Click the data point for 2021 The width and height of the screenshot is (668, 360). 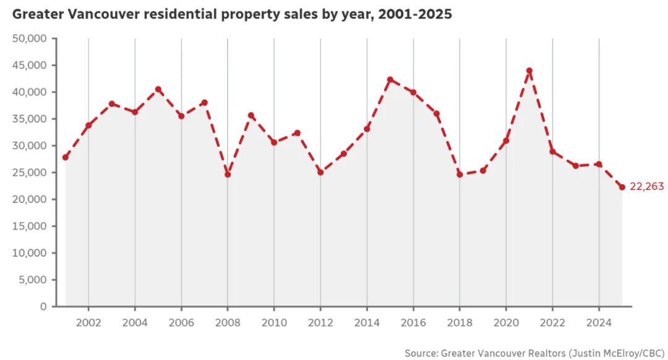click(x=529, y=71)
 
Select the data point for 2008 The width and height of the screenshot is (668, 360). click(x=228, y=174)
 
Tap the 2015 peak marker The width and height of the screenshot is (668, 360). click(x=390, y=80)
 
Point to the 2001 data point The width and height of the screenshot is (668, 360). click(x=66, y=157)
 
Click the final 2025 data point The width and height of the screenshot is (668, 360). click(x=622, y=187)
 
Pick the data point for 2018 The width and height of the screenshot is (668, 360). click(x=460, y=174)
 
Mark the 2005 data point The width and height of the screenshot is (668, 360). click(x=158, y=89)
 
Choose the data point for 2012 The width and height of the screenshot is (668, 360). click(x=320, y=172)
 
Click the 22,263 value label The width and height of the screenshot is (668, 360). click(x=646, y=187)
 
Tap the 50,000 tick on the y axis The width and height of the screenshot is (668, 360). click(x=30, y=38)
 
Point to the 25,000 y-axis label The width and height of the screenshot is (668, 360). click(x=30, y=173)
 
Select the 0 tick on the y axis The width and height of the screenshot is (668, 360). click(x=43, y=306)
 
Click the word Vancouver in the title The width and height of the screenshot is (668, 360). click(x=97, y=14)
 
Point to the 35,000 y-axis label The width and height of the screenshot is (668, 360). click(x=30, y=119)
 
